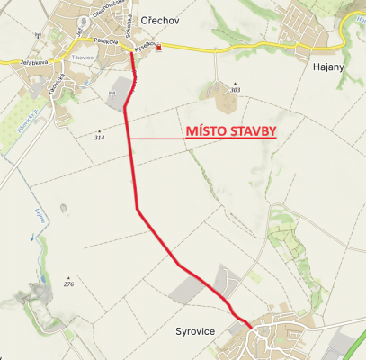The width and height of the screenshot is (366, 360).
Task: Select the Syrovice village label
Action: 195,331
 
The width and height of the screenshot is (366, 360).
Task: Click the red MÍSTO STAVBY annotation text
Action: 229,130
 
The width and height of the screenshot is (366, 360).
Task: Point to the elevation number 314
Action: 99,138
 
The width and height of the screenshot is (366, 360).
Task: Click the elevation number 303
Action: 236,90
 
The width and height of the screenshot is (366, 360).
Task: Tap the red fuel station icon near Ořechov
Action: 159,49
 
